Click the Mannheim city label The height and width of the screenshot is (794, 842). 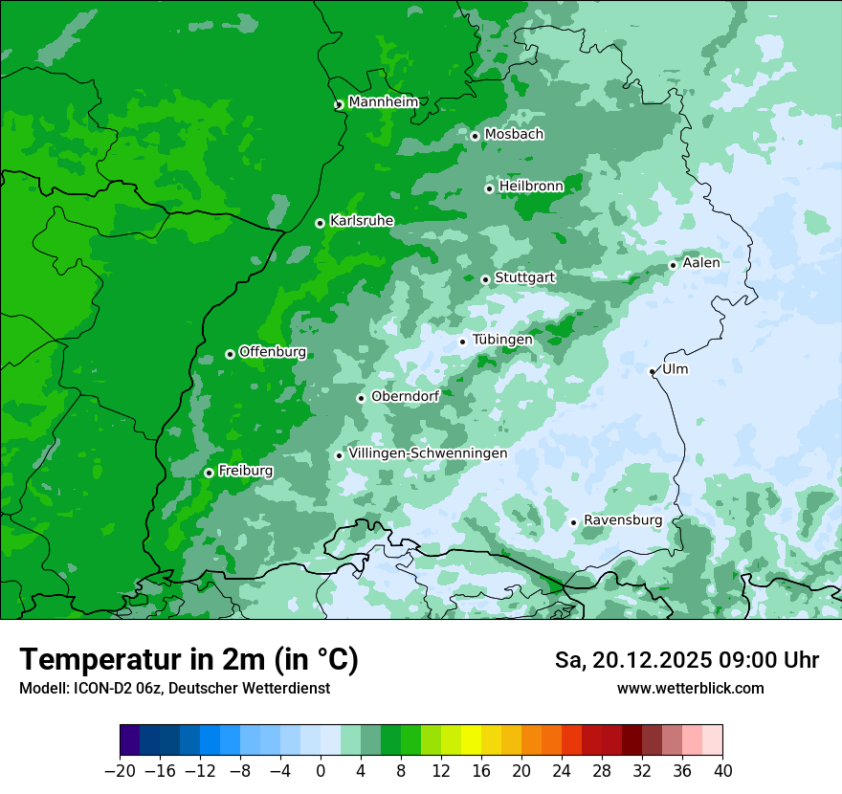[x=383, y=102]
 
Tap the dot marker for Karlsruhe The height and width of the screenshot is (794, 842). [x=320, y=223]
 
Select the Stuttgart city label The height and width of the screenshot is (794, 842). [x=524, y=278]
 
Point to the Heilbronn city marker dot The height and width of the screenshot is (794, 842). [x=489, y=188]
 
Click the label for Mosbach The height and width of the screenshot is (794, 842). [x=514, y=135]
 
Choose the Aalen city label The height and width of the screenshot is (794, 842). [x=701, y=263]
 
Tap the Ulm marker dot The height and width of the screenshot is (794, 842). [x=652, y=371]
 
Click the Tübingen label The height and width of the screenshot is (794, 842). [x=502, y=340]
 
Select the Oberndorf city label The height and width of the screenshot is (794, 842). [x=405, y=396]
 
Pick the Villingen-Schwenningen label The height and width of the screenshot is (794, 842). [x=428, y=453]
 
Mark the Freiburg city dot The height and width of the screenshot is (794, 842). [x=209, y=473]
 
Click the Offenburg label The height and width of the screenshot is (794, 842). [x=273, y=352]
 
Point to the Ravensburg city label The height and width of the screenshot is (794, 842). [x=622, y=520]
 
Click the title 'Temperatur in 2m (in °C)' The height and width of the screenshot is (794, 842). [x=188, y=660]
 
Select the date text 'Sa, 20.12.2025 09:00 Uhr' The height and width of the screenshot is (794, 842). [x=686, y=660]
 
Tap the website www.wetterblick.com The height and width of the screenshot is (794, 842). [x=690, y=689]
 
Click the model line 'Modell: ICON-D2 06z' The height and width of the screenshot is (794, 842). [x=174, y=689]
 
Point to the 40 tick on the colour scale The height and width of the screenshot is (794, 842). [x=722, y=771]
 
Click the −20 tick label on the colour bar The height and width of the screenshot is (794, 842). [x=120, y=771]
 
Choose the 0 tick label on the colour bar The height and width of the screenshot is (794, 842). [x=321, y=771]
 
